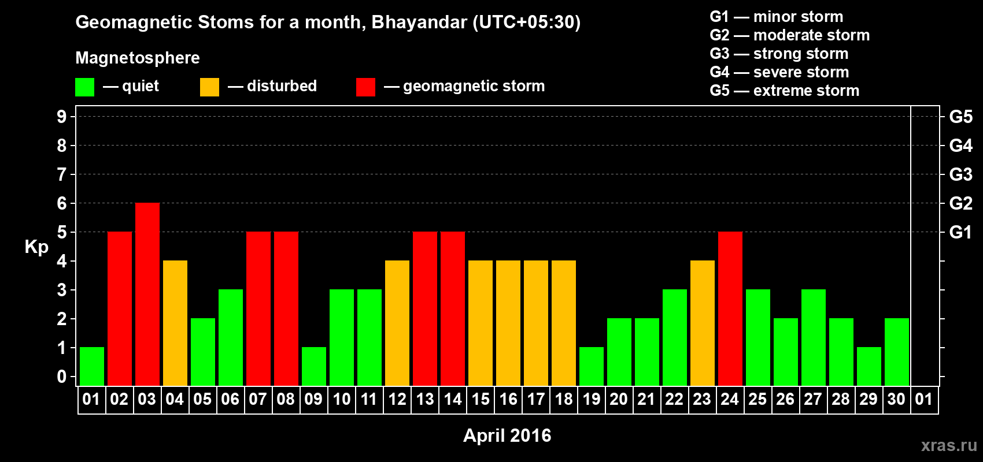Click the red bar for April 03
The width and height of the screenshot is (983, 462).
coord(147,294)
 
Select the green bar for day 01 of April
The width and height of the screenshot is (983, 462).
coord(92,367)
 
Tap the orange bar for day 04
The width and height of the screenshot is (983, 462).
coord(175,323)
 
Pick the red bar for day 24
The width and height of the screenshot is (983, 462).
coord(730,308)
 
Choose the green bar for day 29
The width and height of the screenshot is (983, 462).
coord(869,367)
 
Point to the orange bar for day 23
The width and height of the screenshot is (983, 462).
coord(703,323)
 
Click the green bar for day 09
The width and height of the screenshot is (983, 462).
coord(314,367)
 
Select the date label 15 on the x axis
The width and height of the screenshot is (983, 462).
coord(481,399)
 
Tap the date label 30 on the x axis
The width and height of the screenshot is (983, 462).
coord(896,399)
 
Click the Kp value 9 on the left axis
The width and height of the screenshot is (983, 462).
coord(61,117)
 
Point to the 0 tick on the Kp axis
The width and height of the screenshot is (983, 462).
coord(61,377)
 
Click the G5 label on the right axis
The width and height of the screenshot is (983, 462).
coord(961,117)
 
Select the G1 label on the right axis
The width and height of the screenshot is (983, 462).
coord(961,232)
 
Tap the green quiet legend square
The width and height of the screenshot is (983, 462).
coord(84,87)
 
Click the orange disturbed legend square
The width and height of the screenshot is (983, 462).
coord(209,87)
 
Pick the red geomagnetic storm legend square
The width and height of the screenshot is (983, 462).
coord(366,87)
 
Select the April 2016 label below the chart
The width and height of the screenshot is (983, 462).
coord(507,435)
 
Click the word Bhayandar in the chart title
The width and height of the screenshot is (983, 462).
coord(419,23)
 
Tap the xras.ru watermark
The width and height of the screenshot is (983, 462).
coord(949,445)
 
